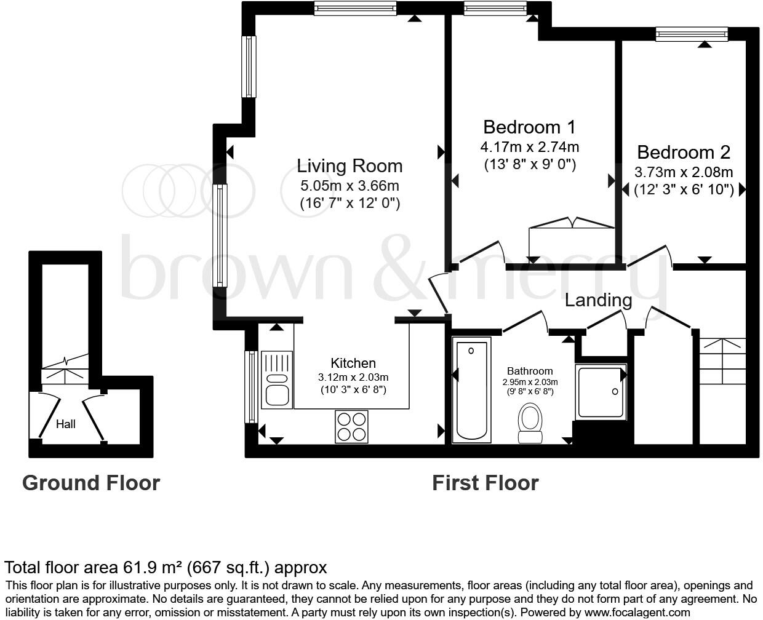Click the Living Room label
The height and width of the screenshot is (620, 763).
(x=350, y=165)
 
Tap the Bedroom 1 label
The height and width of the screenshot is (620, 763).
(x=529, y=127)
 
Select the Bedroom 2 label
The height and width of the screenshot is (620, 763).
(x=684, y=152)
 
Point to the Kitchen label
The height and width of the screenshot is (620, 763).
(x=353, y=363)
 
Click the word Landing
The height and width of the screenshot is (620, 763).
(x=598, y=300)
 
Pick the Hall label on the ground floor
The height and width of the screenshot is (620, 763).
(x=65, y=424)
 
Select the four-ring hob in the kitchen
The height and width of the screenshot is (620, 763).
(x=351, y=426)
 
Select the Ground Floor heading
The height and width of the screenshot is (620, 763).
(x=91, y=483)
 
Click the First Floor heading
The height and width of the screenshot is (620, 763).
(x=485, y=483)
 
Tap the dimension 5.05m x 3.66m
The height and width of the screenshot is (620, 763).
(x=350, y=185)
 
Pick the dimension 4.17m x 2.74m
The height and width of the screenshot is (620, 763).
(x=529, y=147)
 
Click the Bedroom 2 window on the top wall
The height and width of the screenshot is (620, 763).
(x=692, y=34)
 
